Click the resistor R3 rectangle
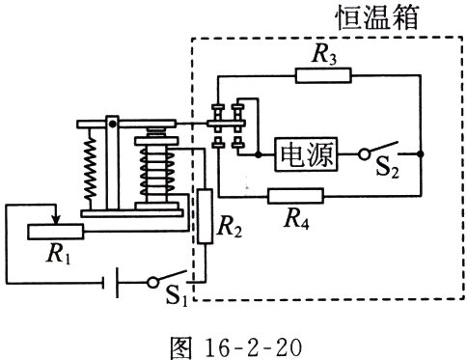tap(323, 75)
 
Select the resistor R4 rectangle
tap(295, 196)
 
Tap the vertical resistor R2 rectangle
tap(205, 216)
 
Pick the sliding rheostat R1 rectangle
tap(55, 232)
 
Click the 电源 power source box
tap(306, 154)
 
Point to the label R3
tap(324, 55)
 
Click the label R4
tap(297, 220)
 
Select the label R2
tap(230, 227)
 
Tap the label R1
tap(59, 254)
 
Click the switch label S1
tap(177, 295)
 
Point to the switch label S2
tap(387, 167)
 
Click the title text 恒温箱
tap(377, 17)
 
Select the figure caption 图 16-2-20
tap(236, 347)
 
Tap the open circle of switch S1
tap(153, 282)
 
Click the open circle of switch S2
tap(364, 154)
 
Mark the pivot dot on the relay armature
tap(112, 124)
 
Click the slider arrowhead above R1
tap(56, 220)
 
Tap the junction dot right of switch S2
tap(421, 154)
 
